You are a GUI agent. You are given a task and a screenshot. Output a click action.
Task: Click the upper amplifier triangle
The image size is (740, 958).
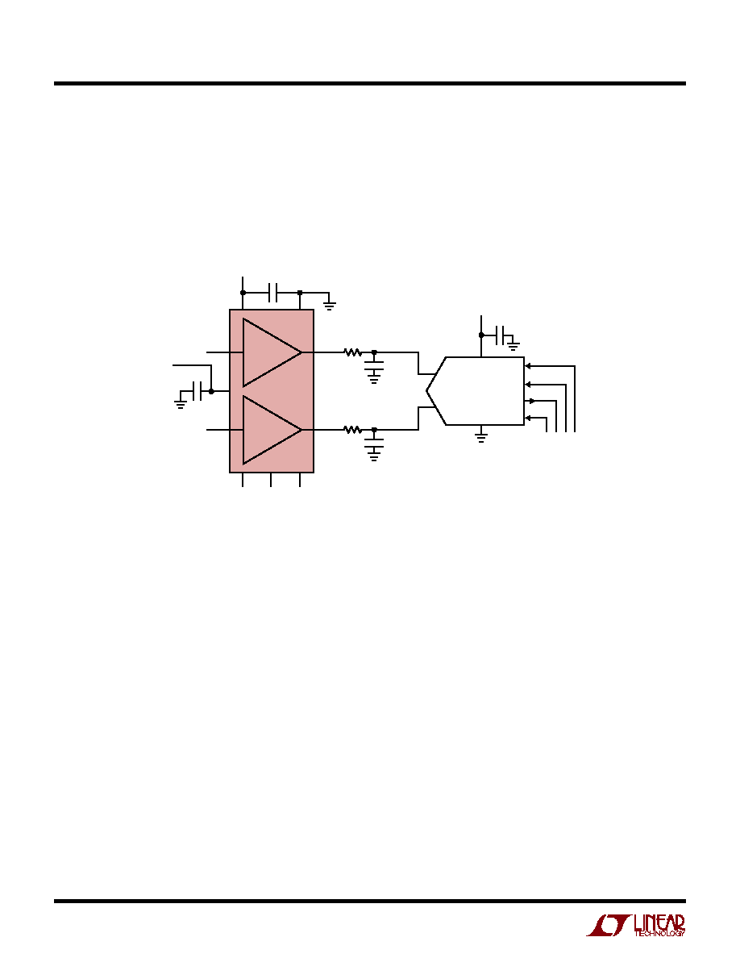click(272, 352)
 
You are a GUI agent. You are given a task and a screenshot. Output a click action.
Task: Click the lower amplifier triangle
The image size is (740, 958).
click(272, 430)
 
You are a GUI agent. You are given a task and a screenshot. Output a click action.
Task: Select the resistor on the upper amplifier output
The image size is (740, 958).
click(353, 352)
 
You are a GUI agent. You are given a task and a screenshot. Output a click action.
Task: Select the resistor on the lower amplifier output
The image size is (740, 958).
click(353, 430)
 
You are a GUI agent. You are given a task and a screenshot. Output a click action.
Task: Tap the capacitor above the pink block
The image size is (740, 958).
click(273, 293)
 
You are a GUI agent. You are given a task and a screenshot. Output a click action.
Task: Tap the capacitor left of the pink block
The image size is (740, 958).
click(197, 391)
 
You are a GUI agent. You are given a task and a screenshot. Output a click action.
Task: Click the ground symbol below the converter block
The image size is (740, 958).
click(481, 436)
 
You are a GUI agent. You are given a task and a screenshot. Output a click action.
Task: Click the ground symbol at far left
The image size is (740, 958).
click(181, 403)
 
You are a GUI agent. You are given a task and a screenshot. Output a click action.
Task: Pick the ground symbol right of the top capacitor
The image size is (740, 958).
click(330, 305)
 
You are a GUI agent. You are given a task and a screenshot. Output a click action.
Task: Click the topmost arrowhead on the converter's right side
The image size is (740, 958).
click(528, 366)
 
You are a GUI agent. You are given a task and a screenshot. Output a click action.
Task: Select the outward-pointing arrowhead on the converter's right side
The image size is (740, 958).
click(532, 402)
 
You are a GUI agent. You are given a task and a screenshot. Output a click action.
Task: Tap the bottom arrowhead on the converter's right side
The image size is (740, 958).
click(528, 418)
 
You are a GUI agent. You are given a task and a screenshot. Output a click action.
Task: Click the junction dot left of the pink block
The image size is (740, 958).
click(211, 391)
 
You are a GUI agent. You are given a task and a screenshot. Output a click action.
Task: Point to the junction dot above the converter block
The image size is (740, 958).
click(481, 335)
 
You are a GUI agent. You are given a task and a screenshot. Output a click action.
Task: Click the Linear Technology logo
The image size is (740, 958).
click(635, 925)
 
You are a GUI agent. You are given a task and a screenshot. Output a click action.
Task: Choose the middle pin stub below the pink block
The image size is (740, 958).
click(271, 480)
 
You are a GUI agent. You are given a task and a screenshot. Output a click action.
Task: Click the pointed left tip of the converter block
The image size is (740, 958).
click(426, 390)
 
